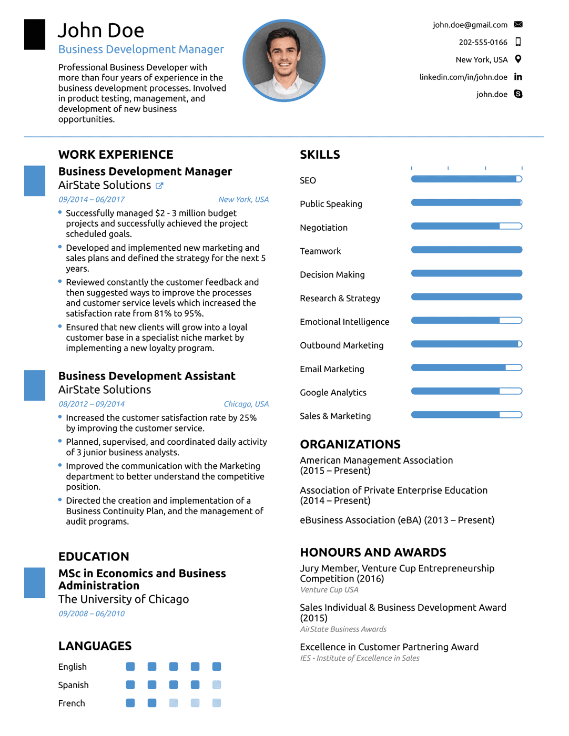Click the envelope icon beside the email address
518,24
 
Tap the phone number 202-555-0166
483,42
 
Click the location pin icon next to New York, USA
518,59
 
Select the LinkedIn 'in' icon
518,77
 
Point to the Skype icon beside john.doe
518,94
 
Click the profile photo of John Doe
284,60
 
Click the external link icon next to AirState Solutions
159,186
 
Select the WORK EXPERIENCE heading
116,155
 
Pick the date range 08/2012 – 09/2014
92,404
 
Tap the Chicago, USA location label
246,404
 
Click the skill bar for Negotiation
466,226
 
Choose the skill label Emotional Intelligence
344,322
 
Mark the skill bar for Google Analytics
466,391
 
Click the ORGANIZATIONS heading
350,444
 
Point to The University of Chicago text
124,599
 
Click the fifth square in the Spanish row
217,684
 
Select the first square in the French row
130,703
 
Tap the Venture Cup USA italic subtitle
329,590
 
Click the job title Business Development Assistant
147,376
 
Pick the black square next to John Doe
35,35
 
